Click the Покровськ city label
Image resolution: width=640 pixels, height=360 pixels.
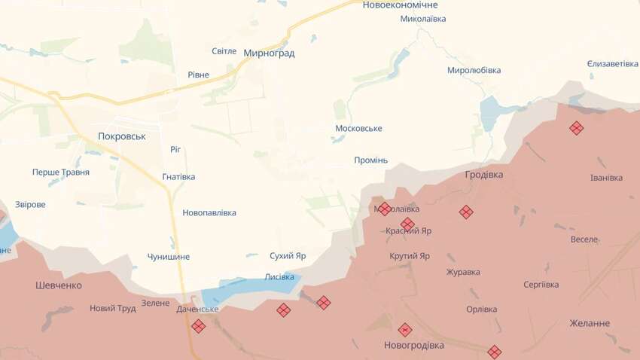pos(122,136)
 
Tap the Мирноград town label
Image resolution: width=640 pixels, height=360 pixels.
pos(269,53)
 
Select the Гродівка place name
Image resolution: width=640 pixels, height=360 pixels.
pos(484,174)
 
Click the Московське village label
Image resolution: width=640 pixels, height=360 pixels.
pos(358,129)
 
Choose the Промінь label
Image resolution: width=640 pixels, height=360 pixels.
pos(370,160)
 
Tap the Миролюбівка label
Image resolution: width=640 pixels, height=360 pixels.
pos(474,70)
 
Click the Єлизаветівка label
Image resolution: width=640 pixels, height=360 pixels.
pos(612,64)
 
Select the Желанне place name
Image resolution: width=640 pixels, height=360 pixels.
pos(590,323)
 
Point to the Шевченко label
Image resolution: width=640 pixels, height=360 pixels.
pos(59,285)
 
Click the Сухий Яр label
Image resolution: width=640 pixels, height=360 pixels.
pos(288,256)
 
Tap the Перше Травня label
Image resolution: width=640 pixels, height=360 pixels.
pos(61,172)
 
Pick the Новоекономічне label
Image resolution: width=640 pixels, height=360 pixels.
pos(400,5)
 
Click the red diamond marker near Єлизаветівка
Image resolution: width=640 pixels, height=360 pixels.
pos(576,128)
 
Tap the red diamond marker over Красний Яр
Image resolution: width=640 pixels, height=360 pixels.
pos(407,224)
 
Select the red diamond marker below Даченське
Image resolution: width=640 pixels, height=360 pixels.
pos(198,326)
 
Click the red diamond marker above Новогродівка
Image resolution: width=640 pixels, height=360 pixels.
pos(405,329)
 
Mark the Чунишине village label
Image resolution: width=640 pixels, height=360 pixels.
pos(169,257)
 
